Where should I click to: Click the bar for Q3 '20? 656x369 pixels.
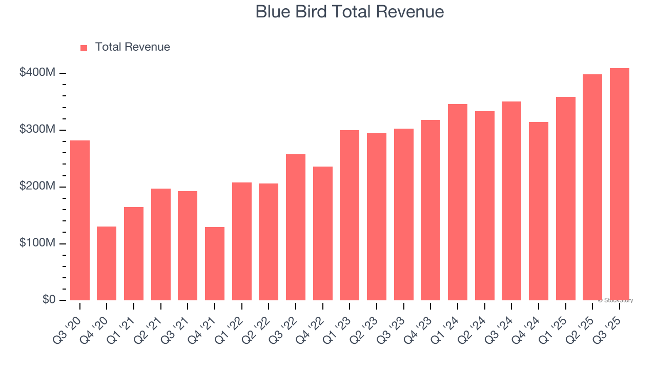point(80,220)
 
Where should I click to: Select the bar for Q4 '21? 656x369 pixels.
point(215,263)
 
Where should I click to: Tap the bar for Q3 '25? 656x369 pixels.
point(619,184)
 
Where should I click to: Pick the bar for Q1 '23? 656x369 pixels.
point(350,215)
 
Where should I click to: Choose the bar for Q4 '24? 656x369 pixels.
point(538,211)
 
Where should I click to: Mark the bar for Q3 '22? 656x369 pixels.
point(296,227)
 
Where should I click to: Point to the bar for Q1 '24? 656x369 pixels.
point(457,202)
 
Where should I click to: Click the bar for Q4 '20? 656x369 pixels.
point(107,263)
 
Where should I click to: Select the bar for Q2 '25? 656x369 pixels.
point(592,187)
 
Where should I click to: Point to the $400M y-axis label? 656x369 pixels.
point(37,73)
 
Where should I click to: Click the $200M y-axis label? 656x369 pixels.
point(37,187)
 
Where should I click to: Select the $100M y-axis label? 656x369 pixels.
point(37,243)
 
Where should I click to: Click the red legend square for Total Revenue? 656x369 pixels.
point(84,48)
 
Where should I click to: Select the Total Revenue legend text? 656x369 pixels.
point(132,47)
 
